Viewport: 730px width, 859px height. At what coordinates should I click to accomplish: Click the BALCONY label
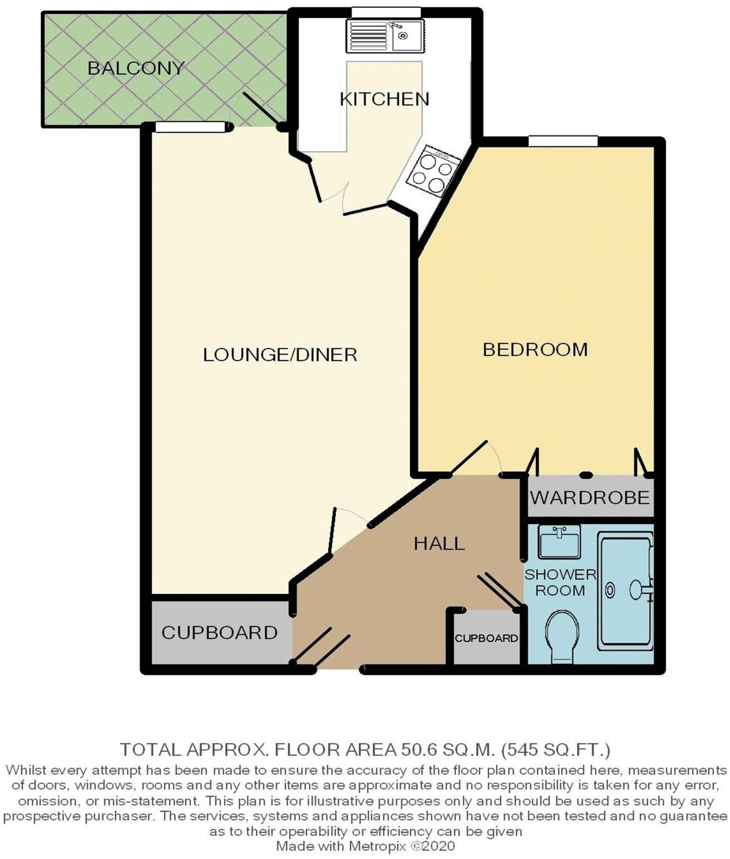136,68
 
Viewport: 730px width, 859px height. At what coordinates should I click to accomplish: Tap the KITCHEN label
384,99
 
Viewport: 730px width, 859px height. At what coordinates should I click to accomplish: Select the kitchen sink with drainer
385,36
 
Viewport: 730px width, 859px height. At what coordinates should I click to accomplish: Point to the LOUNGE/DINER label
280,355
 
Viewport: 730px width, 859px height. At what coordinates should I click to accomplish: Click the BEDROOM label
535,350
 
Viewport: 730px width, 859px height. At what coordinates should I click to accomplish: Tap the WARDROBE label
590,498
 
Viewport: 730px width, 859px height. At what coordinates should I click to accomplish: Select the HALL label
439,544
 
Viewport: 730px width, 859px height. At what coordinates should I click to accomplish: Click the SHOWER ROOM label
560,583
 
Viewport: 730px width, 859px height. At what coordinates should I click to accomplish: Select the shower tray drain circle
610,591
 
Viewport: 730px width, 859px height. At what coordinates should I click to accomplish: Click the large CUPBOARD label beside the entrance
219,633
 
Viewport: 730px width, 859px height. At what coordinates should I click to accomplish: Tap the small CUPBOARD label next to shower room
486,638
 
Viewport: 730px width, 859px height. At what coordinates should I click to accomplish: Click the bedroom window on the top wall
563,141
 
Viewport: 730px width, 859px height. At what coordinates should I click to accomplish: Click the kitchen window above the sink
386,12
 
